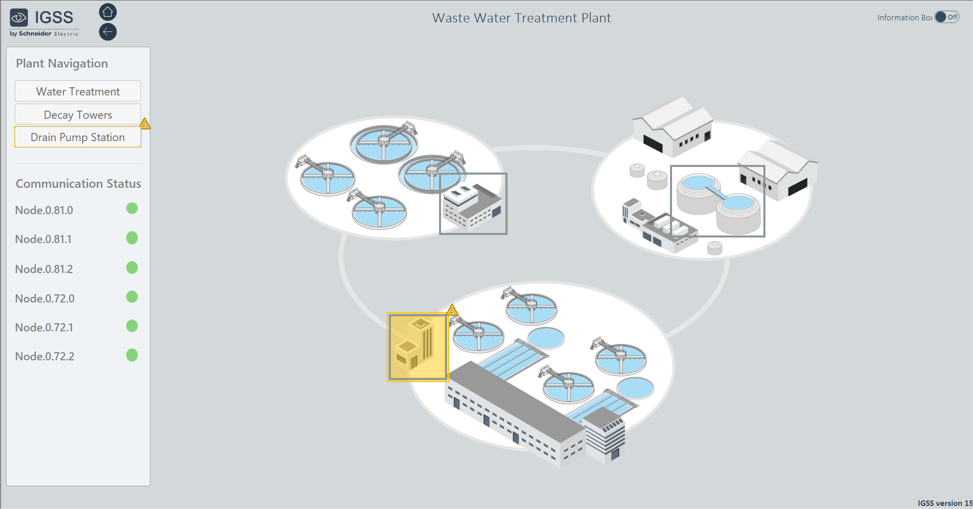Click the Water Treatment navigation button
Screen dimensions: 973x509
(78, 91)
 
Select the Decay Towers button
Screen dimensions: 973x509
(78, 115)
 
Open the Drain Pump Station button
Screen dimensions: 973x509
(78, 137)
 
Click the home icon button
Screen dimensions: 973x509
(108, 12)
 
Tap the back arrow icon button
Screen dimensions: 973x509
(108, 32)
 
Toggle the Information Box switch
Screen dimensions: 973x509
(947, 17)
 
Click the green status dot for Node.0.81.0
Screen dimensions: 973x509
(132, 208)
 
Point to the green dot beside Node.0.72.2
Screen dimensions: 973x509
(132, 355)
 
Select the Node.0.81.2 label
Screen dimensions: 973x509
(44, 269)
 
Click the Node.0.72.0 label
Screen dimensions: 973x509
(45, 298)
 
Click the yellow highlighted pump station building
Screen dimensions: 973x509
(417, 347)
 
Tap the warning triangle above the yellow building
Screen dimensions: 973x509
(452, 310)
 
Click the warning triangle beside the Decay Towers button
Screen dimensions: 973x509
(145, 124)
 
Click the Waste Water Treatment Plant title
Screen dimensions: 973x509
(521, 18)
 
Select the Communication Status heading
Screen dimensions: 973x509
(78, 184)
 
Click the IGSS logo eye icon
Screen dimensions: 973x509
(19, 18)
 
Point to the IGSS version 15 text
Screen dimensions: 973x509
(945, 503)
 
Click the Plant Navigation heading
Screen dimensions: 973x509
(62, 63)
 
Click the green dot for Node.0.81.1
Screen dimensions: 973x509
(132, 237)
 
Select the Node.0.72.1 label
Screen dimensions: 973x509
(44, 327)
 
